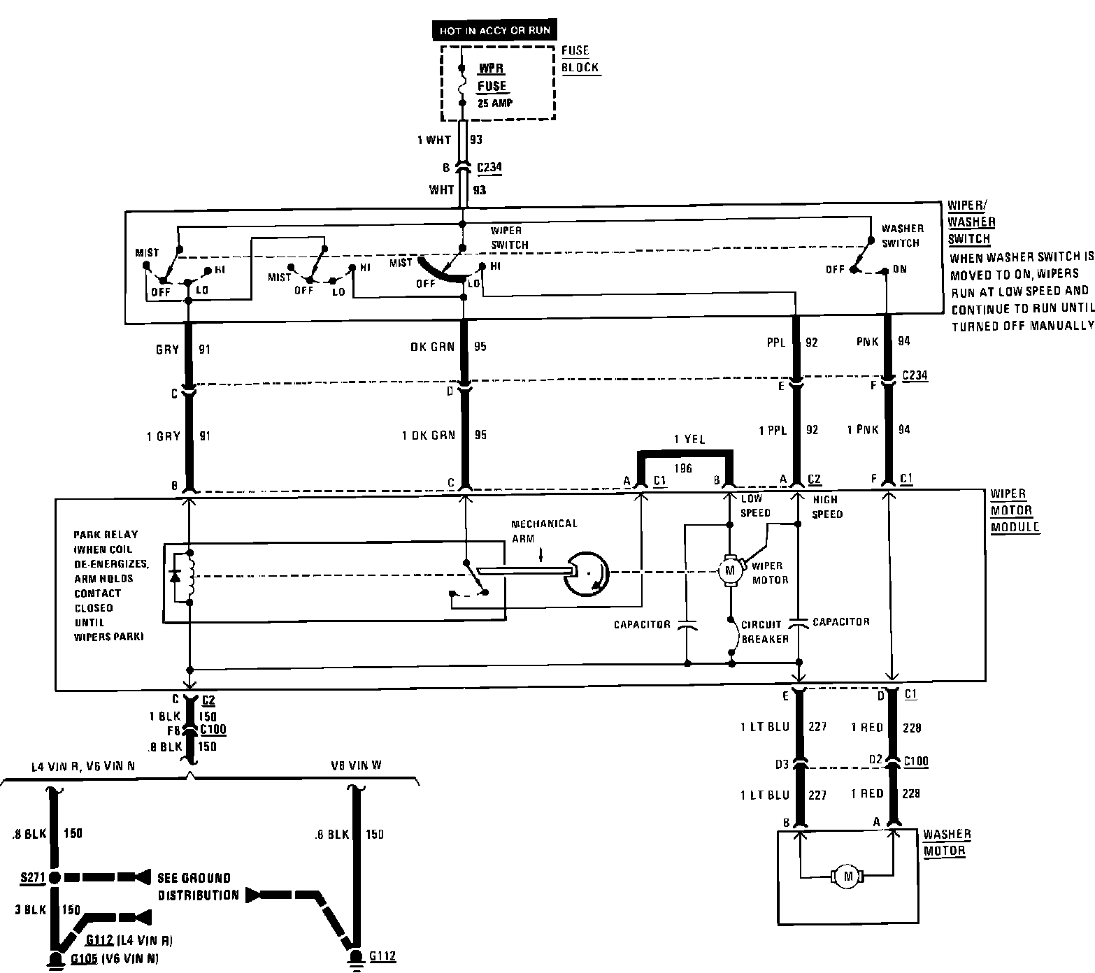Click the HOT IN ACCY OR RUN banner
pos(494,31)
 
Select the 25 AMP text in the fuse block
pos(494,103)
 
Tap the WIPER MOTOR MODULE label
pos(1014,510)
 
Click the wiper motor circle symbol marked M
pos(731,570)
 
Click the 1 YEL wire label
pos(689,440)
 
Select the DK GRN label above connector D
pos(433,347)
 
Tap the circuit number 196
pos(682,468)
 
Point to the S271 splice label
pos(32,877)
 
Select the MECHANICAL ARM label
pos(544,531)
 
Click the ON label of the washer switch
pos(899,269)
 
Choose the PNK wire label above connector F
pos(867,341)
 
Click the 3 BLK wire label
pos(31,909)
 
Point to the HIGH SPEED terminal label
pos(827,507)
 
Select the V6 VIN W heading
pos(357,765)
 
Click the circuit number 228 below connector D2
pos(910,793)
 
